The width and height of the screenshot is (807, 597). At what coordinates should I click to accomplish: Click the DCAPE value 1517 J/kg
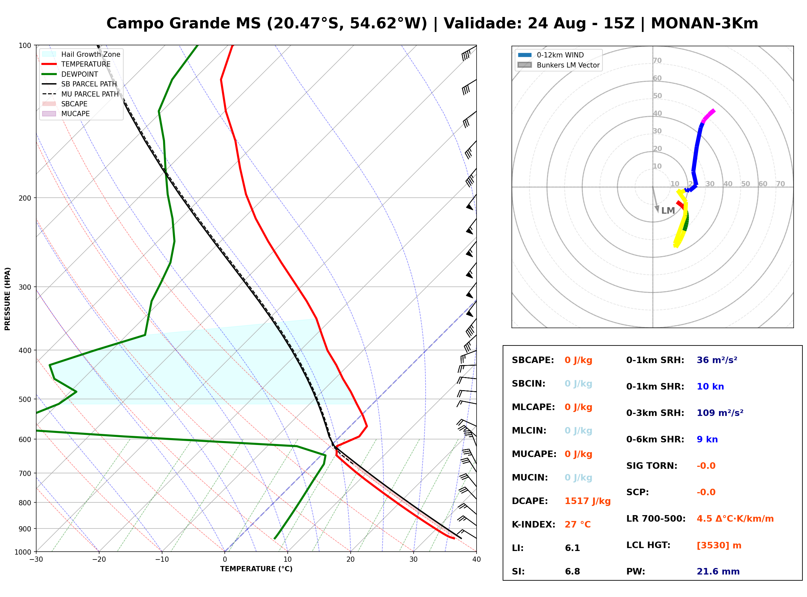tap(588, 501)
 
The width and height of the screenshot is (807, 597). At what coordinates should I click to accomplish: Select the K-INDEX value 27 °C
tap(578, 525)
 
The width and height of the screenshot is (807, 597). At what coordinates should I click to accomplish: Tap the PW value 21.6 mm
tap(718, 572)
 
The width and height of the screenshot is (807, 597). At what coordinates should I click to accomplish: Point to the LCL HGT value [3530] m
tap(719, 545)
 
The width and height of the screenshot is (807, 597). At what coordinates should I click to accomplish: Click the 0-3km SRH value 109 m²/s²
tap(720, 413)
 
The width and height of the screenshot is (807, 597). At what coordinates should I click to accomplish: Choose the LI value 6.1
tap(572, 548)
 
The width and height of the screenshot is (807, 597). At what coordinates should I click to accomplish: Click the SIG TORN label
tap(652, 466)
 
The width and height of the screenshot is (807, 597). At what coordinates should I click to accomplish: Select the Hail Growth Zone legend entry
tap(81, 54)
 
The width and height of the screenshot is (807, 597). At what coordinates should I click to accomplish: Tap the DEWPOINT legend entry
tap(70, 74)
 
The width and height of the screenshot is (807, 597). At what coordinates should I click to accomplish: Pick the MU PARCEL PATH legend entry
tap(80, 94)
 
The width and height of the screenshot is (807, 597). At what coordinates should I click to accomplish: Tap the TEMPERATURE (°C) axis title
tap(256, 569)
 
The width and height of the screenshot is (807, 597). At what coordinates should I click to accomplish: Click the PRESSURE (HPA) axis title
tap(8, 299)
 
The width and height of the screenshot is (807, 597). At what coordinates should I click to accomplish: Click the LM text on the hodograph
tap(668, 211)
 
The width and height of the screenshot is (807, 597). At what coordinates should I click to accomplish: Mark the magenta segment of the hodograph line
tap(708, 115)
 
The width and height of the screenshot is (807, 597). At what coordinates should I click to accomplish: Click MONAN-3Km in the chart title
tap(704, 23)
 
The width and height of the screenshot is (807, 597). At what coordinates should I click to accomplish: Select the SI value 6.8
tap(572, 572)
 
